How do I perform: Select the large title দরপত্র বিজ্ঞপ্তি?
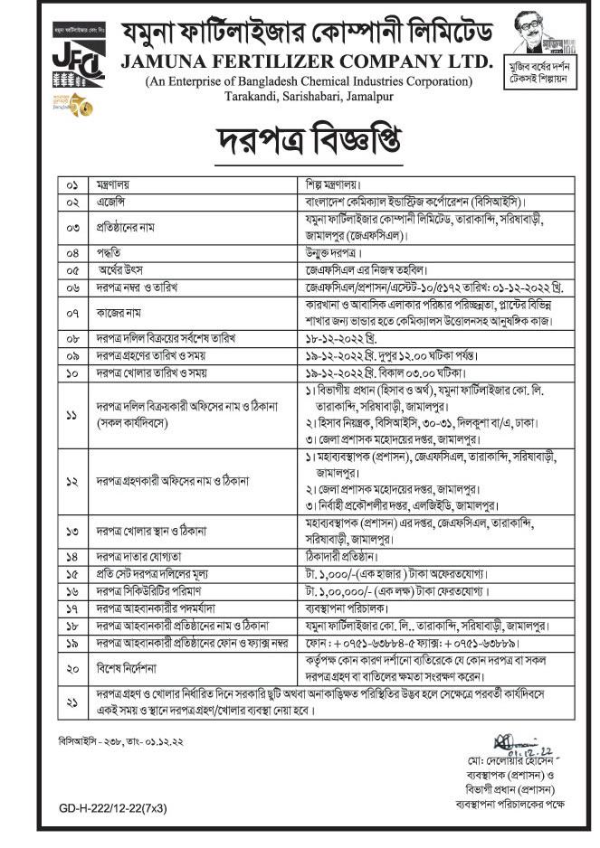point(300,138)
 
